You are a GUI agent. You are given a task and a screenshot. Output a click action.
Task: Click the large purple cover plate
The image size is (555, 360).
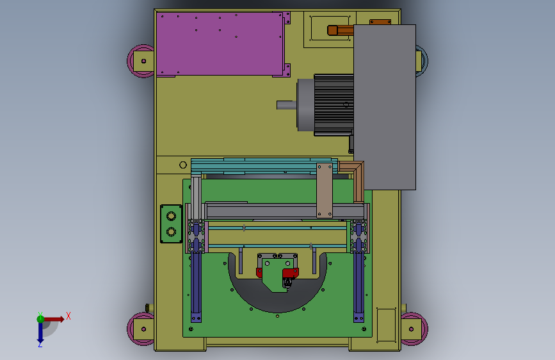pyautogui.click(x=220, y=44)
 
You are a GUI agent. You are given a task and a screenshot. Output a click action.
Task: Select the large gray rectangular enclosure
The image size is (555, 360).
pyautogui.click(x=385, y=106)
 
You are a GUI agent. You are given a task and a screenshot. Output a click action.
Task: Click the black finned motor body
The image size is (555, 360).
pyautogui.click(x=334, y=105)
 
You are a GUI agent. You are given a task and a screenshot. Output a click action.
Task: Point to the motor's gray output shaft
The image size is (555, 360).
pyautogui.click(x=287, y=105)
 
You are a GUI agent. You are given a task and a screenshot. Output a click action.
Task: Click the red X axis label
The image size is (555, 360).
pyautogui.click(x=68, y=316)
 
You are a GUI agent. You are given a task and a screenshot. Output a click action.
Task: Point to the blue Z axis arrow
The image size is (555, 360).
pyautogui.click(x=40, y=332)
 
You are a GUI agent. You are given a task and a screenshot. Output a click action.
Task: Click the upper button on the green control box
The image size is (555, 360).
pyautogui.click(x=172, y=216)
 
